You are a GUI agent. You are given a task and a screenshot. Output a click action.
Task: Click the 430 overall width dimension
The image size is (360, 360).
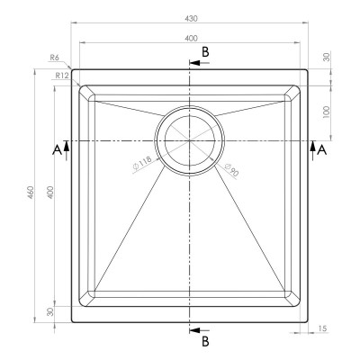191,18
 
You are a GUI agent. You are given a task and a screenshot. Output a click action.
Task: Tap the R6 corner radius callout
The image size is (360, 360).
56,58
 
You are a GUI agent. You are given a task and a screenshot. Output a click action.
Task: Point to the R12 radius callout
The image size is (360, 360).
61,76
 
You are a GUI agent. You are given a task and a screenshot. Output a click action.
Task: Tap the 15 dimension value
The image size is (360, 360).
322,328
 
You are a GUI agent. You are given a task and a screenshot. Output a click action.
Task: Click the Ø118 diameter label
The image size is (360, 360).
143,166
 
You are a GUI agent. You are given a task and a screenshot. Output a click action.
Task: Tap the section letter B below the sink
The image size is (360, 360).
205,341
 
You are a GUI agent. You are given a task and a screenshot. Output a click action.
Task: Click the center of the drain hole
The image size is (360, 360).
188,140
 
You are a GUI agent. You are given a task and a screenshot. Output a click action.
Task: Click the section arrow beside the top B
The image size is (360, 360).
193,63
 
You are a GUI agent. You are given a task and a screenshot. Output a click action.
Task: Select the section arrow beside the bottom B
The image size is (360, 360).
193,331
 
